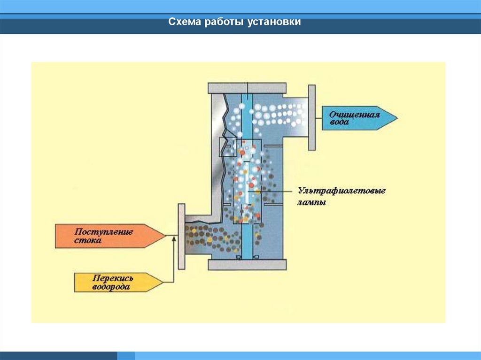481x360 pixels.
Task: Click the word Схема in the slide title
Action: pos(185,22)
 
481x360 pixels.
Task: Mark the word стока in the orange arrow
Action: pos(88,240)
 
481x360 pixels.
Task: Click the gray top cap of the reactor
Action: pos(247,88)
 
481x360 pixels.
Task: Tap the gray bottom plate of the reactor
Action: pos(247,265)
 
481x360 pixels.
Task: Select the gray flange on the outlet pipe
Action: pos(311,117)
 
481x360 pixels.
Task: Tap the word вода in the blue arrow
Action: pos(339,122)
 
